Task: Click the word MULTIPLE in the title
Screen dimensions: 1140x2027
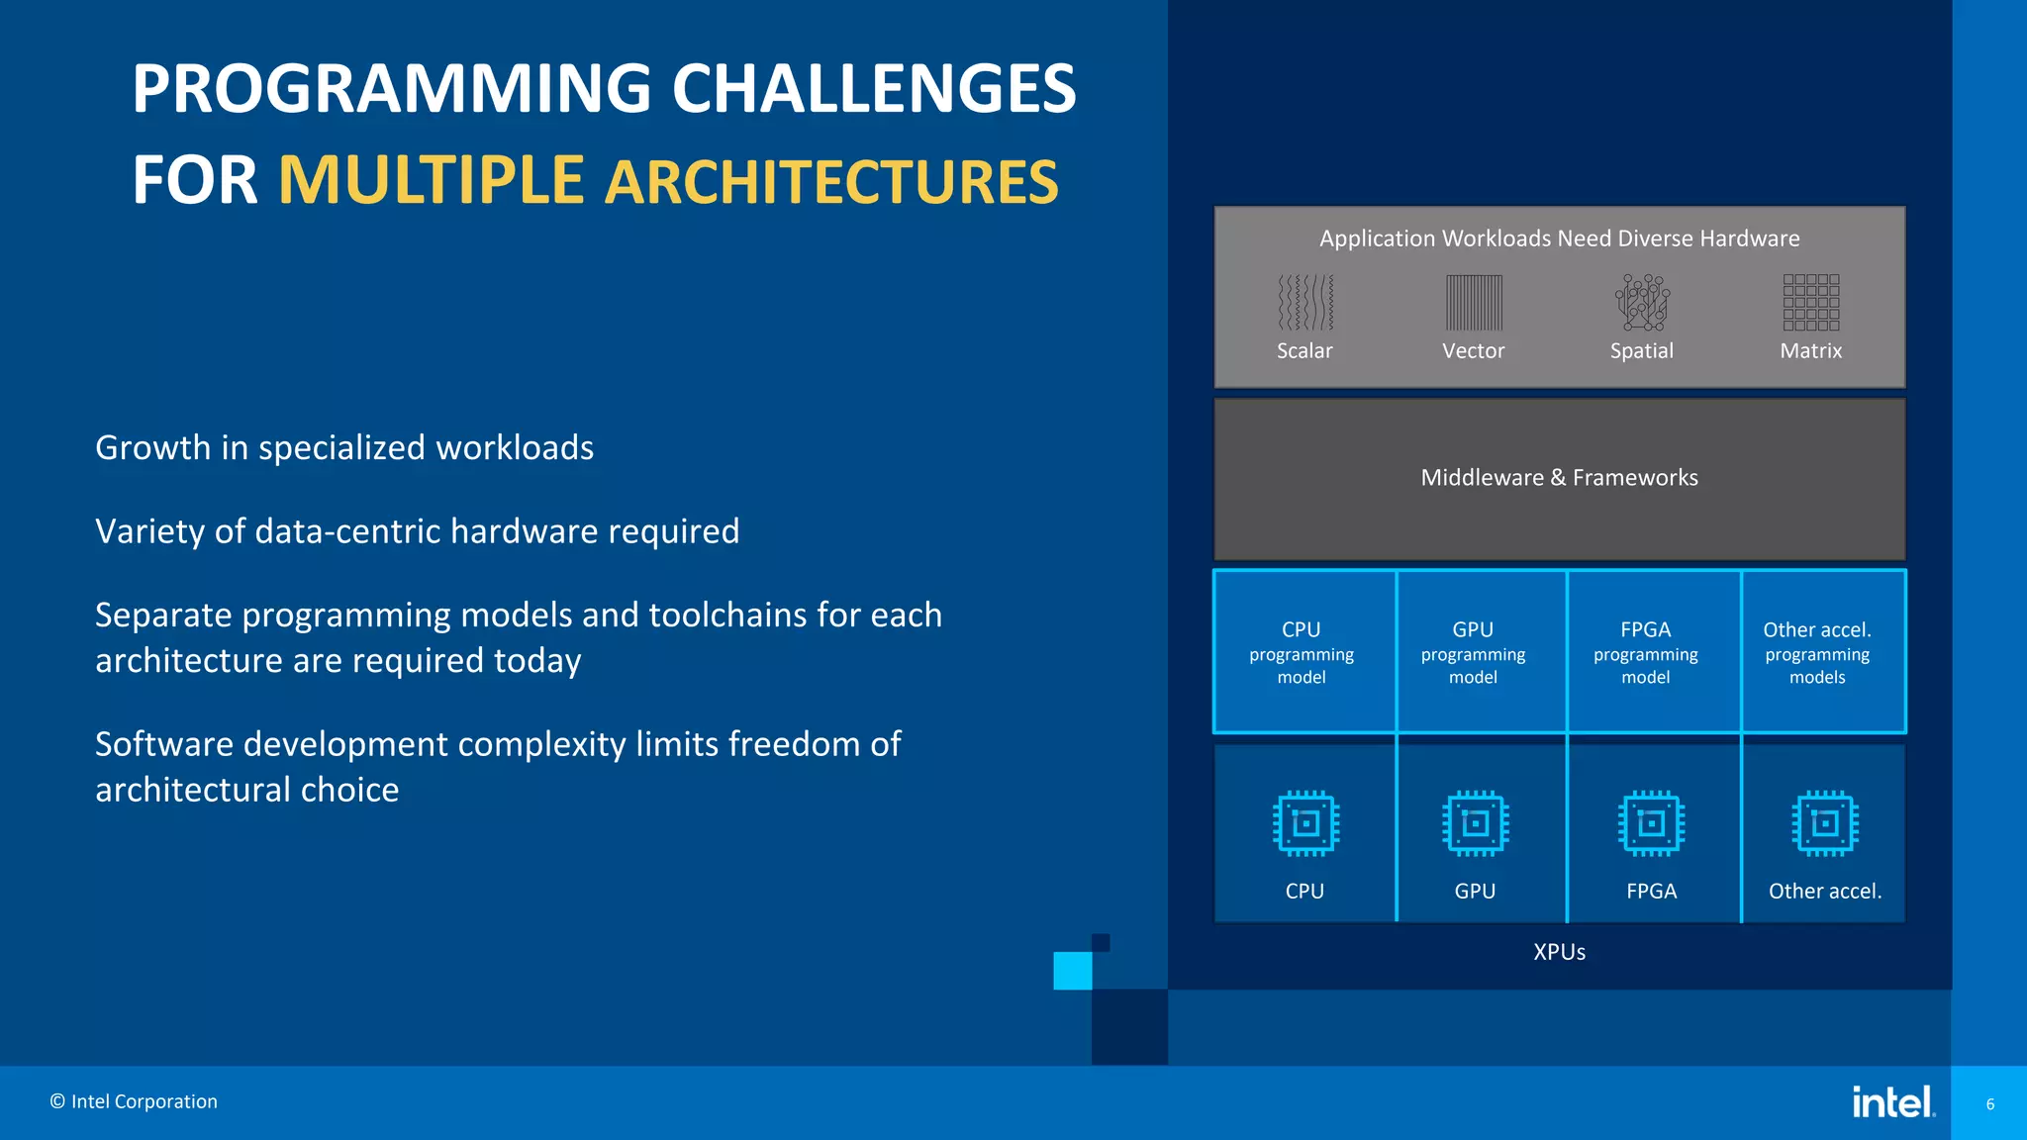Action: click(431, 180)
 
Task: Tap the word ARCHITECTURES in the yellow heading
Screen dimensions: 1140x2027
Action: click(831, 183)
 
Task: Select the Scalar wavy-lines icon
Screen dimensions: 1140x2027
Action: click(1305, 302)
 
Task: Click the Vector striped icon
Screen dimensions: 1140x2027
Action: click(1474, 302)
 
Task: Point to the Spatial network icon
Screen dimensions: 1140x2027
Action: click(1642, 302)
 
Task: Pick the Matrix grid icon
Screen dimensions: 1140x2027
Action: click(1811, 302)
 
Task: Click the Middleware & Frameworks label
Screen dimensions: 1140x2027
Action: click(1559, 478)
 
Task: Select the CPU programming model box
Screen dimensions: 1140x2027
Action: click(1303, 652)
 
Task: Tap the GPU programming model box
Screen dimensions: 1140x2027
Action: click(1474, 652)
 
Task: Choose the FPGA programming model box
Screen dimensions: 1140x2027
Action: click(1646, 652)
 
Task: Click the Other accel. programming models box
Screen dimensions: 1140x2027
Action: click(1818, 652)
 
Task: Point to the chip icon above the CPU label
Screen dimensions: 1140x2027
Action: click(1305, 822)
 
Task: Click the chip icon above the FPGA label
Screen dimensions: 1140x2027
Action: click(1651, 822)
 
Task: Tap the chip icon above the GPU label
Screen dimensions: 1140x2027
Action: click(1476, 822)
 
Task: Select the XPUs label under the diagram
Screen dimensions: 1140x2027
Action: click(1559, 952)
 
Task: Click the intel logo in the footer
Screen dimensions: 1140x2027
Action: click(1892, 1101)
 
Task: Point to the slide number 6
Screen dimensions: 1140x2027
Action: click(1990, 1104)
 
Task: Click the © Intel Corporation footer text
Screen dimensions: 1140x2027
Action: click(134, 1101)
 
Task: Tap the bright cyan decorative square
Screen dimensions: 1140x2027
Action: click(1072, 971)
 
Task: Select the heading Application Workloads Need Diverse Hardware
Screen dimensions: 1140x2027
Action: click(1559, 238)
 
